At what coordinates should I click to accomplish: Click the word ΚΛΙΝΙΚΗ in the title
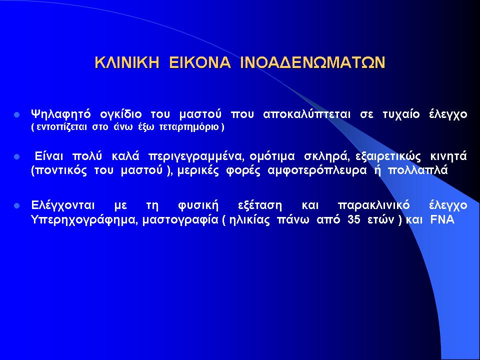[x=127, y=62]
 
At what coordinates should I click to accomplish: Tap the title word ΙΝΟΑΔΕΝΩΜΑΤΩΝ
[x=312, y=62]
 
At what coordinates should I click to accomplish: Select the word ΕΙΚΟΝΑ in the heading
[x=199, y=62]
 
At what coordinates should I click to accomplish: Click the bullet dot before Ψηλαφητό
[x=17, y=115]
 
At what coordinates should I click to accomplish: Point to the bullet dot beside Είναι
[x=17, y=157]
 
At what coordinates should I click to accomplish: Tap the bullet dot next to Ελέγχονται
[x=17, y=205]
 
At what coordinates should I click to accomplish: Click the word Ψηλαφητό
[x=61, y=114]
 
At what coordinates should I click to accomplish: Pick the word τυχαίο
[x=401, y=114]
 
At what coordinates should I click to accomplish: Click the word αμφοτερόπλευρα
[x=317, y=170]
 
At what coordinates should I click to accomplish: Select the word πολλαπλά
[x=417, y=170]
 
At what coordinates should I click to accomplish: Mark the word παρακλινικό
[x=373, y=205]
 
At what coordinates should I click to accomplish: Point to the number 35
[x=354, y=220]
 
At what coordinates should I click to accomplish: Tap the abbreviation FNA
[x=442, y=220]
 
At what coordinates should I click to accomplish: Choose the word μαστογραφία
[x=180, y=220]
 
